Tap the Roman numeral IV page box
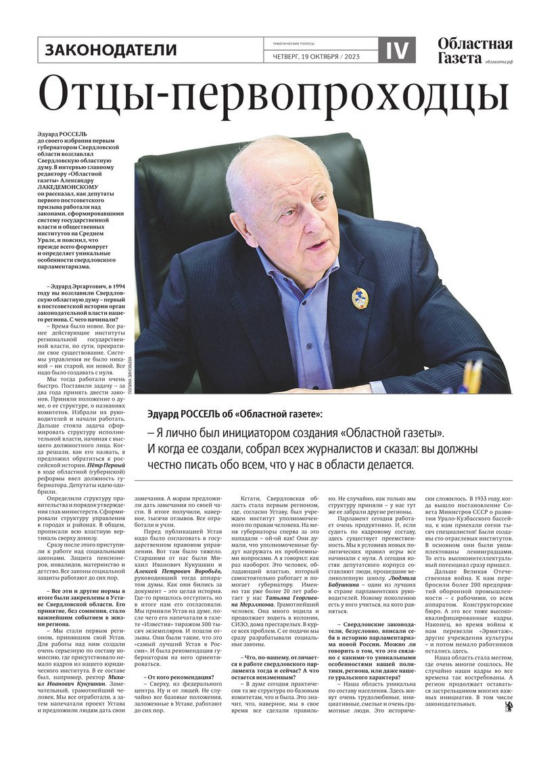[397, 50]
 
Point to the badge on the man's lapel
[360, 298]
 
